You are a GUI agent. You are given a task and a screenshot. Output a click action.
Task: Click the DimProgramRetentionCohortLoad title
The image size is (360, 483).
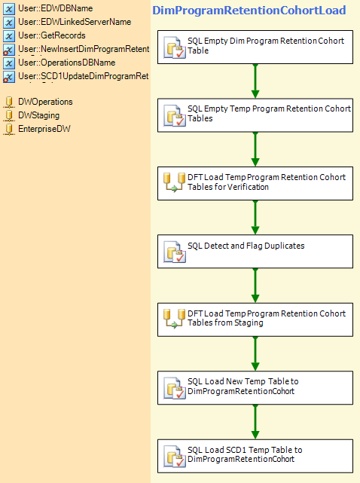pos(249,11)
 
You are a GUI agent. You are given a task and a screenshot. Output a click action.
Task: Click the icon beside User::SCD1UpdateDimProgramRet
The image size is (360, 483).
pos(8,77)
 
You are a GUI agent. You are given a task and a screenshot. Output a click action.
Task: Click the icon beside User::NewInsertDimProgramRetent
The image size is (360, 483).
pos(8,50)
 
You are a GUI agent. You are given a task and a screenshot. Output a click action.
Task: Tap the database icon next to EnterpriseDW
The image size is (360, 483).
pos(9,130)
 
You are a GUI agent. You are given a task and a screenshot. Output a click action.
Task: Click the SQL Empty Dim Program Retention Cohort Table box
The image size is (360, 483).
pos(255,47)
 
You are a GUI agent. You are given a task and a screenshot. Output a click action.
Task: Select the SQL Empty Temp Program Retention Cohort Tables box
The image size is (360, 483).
pos(255,115)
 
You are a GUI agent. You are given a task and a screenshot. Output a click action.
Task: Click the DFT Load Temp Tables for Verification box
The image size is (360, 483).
pos(255,183)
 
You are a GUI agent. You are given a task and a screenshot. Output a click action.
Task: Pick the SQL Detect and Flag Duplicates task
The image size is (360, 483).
pos(255,252)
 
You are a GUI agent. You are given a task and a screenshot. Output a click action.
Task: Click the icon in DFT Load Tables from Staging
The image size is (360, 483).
pos(174,319)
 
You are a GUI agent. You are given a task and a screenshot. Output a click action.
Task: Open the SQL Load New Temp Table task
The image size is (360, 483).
pos(255,387)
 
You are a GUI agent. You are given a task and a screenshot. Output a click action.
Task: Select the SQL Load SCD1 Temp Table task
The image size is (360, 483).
pos(255,456)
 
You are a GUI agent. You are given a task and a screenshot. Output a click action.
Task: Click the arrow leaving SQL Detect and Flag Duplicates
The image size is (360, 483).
pos(255,286)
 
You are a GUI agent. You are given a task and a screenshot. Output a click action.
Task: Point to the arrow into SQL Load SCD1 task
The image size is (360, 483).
pos(255,422)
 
